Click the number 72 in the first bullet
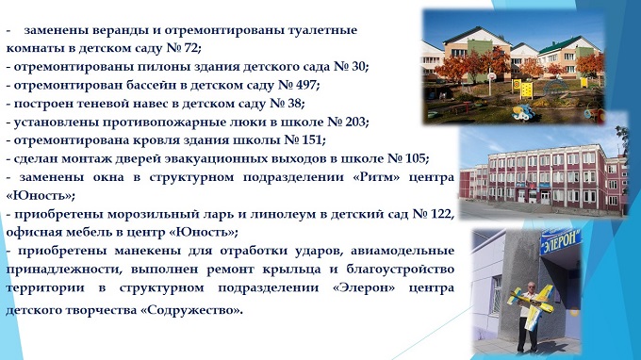pos(190,48)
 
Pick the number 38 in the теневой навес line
pos(294,104)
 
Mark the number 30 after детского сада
pos(358,67)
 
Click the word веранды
pos(119,31)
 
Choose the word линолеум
pos(282,214)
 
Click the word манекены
pos(148,251)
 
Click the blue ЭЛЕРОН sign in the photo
pos(561,242)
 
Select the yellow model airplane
pos(530,307)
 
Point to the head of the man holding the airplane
pos(531,287)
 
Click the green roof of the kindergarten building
pos(569,43)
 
